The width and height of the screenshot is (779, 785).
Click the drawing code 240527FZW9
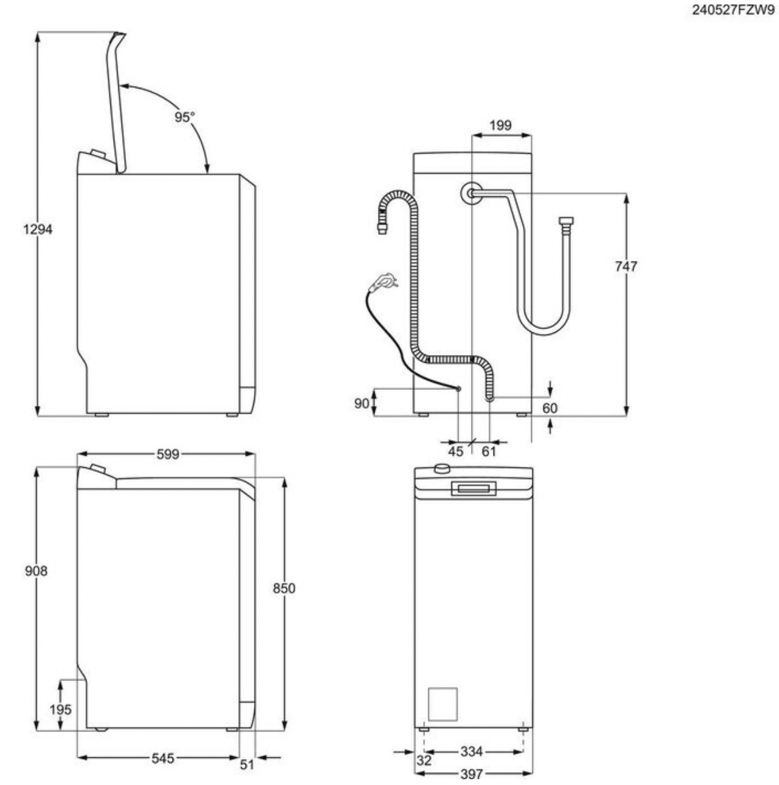(x=733, y=10)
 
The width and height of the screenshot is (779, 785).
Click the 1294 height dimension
(x=37, y=229)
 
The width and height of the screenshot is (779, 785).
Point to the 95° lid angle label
(x=185, y=117)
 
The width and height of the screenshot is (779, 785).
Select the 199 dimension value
(x=500, y=125)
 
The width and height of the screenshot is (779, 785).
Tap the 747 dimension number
(x=625, y=267)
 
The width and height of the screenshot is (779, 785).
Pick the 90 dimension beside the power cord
(x=362, y=403)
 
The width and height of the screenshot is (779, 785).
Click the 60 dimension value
(x=550, y=408)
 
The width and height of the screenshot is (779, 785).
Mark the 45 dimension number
(x=456, y=451)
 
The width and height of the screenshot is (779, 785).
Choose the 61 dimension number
(x=489, y=451)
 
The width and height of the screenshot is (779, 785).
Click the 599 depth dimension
(x=168, y=454)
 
